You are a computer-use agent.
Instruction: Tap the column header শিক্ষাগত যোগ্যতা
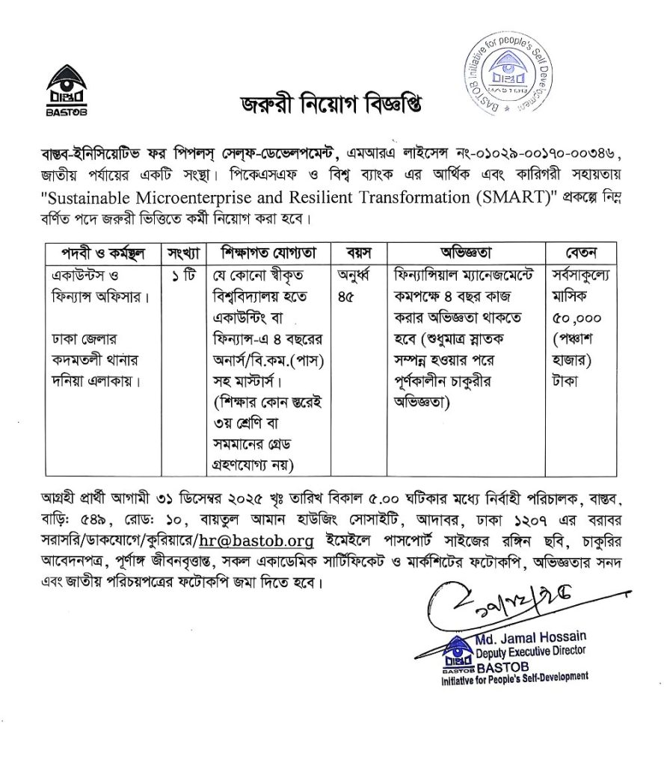pos(265,252)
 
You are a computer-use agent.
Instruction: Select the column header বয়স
pos(356,252)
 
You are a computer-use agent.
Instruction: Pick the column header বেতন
pos(581,252)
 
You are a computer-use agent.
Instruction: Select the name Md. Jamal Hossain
pos(531,637)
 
